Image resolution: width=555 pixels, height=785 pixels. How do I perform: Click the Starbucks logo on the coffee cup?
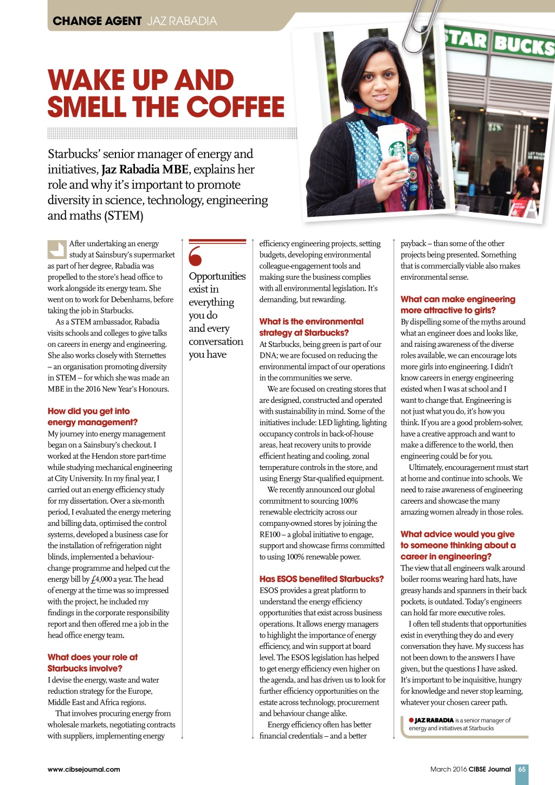pos(397,150)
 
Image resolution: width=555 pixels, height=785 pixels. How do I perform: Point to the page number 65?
pos(522,769)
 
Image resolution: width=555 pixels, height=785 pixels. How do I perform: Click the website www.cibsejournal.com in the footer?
pos(84,769)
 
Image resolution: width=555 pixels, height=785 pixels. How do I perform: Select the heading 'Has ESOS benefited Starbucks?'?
pos(321,579)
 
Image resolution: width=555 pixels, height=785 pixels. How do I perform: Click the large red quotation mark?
pos(195,256)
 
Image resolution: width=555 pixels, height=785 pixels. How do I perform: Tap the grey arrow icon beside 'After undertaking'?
pos(56,249)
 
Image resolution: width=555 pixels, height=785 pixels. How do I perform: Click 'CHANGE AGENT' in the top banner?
pos(97,21)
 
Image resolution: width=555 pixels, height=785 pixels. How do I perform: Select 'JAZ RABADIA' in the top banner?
pos(182,21)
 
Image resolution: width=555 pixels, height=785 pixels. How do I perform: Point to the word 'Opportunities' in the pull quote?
pos(217,276)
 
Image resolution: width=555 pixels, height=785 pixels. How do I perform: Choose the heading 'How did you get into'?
pos(88,411)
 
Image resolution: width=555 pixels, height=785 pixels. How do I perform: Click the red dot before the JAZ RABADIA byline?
pos(411,720)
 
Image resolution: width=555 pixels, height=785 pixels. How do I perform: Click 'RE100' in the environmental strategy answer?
pos(269,535)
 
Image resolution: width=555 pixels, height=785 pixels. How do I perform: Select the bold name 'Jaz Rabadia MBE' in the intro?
pos(145,170)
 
